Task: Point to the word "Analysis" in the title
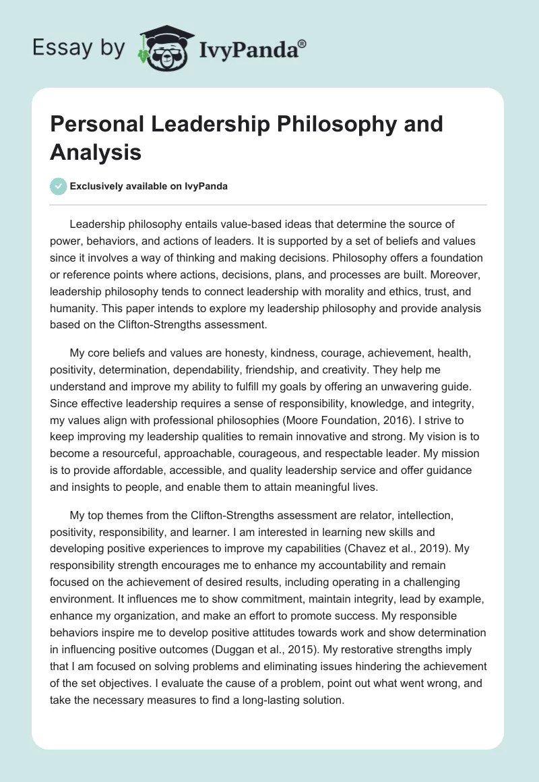[96, 152]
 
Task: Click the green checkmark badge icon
[59, 186]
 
